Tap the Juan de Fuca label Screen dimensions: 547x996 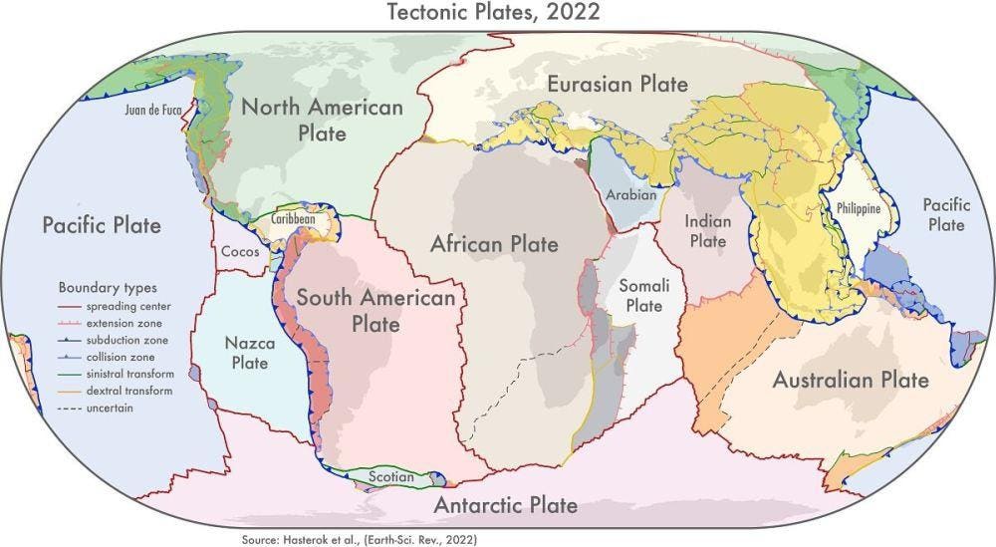[153, 110]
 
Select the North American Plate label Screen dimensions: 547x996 [321, 120]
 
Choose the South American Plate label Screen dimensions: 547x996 [375, 311]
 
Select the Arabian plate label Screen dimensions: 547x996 [630, 194]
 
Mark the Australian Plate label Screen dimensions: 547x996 [850, 380]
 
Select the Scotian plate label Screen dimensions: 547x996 [390, 476]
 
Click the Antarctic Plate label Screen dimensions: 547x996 [505, 505]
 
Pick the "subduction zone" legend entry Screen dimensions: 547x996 [120, 341]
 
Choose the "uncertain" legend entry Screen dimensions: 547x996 [108, 408]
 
